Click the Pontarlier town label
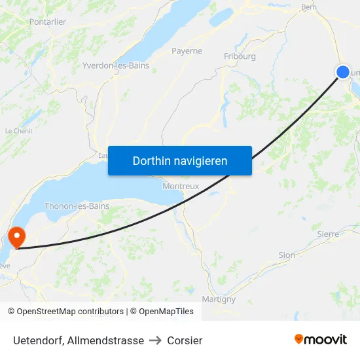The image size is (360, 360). [48, 22]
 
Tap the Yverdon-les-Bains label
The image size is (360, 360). [116, 65]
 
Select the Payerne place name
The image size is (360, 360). [187, 51]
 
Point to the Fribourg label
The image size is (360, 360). [240, 56]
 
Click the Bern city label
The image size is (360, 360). [308, 8]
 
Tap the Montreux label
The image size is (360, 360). [181, 186]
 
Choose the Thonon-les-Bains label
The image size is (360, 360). [77, 206]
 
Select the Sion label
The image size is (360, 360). [287, 255]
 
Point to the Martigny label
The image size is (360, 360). [219, 299]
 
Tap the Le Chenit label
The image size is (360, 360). [18, 131]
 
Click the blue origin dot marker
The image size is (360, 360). [343, 72]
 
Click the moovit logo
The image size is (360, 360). [321, 340]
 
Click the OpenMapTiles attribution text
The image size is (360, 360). [162, 312]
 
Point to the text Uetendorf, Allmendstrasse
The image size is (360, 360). [79, 340]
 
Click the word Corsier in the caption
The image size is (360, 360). [185, 340]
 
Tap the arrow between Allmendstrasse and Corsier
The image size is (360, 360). [156, 340]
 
